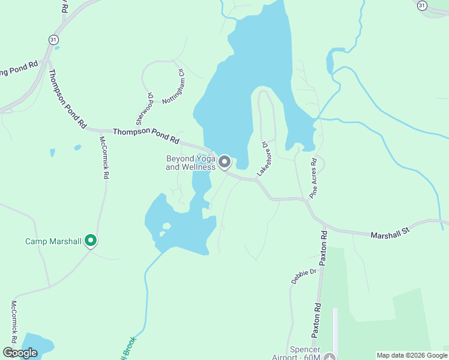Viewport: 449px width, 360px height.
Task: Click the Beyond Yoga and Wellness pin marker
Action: click(224, 162)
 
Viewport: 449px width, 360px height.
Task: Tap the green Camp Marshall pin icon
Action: click(91, 241)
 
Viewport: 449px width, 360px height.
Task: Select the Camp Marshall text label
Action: click(53, 242)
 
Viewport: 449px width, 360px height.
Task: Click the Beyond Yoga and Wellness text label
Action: click(190, 163)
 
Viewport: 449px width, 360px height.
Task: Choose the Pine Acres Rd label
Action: click(313, 178)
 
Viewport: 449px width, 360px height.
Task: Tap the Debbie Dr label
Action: click(304, 277)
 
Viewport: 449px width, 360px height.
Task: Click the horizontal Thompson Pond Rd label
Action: click(146, 134)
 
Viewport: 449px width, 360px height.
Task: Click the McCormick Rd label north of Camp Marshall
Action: click(103, 158)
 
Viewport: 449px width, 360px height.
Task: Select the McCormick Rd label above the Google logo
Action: click(14, 318)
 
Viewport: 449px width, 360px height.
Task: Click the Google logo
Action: click(20, 353)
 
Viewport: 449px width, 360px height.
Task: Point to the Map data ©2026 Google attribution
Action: click(412, 355)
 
